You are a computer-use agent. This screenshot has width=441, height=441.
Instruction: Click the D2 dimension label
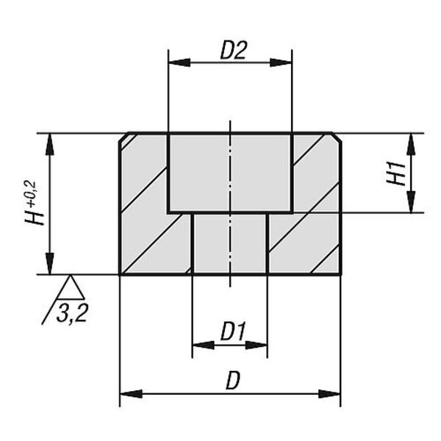coord(234,51)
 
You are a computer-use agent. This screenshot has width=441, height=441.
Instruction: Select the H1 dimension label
coord(396,173)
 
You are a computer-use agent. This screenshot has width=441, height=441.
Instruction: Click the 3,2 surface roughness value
coord(72,313)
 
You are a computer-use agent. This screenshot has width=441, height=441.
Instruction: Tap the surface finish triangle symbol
coord(71,287)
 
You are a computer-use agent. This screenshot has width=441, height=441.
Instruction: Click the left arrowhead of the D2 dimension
coord(179,62)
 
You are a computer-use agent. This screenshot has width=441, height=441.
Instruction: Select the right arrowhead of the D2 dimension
coord(281,62)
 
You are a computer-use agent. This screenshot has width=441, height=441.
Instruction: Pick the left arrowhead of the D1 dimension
coord(204,345)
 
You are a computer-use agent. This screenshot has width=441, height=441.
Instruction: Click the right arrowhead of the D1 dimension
coord(256,345)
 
